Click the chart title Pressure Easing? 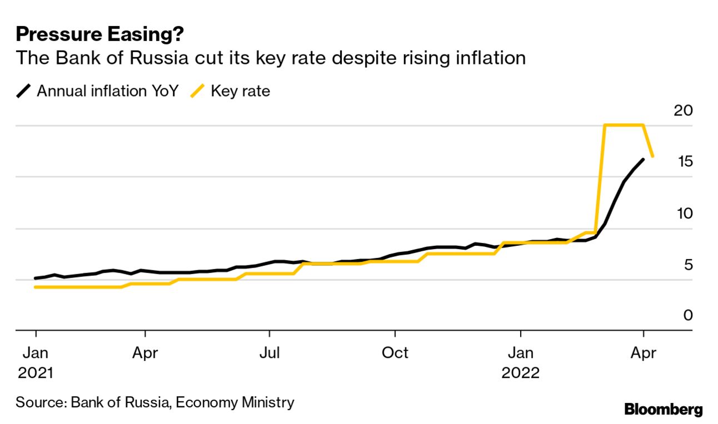99,35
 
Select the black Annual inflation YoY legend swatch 24,90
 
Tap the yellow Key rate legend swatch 197,90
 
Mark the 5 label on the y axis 688,264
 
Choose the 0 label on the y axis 688,315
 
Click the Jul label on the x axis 270,353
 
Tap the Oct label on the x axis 395,353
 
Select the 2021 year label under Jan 36,372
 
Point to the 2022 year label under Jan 521,372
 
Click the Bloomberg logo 663,410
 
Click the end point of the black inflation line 643,160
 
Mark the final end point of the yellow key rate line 652,156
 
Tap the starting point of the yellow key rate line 36,287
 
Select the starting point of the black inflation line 36,278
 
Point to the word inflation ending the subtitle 487,58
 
